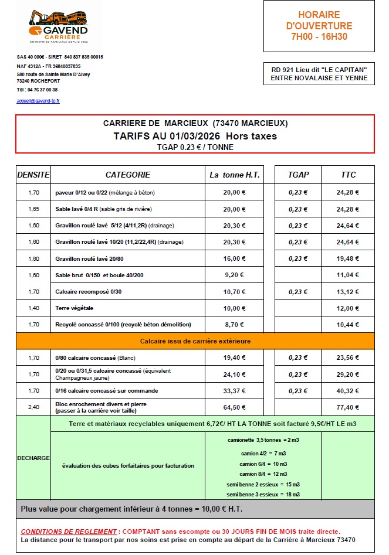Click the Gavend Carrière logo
point(58,26)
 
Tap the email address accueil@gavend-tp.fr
point(38,101)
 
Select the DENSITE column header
point(33,175)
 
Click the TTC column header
point(348,175)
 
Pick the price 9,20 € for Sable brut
point(234,275)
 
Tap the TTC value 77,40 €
point(348,407)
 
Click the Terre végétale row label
point(75,308)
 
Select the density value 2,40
point(33,407)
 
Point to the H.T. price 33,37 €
point(234,390)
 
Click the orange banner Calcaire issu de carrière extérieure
point(195,341)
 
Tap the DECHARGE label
point(33,458)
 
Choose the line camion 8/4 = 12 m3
point(263,473)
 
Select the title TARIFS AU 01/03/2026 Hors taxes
point(195,136)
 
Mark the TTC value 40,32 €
point(348,390)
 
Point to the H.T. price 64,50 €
point(234,407)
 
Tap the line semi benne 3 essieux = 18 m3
point(263,495)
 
